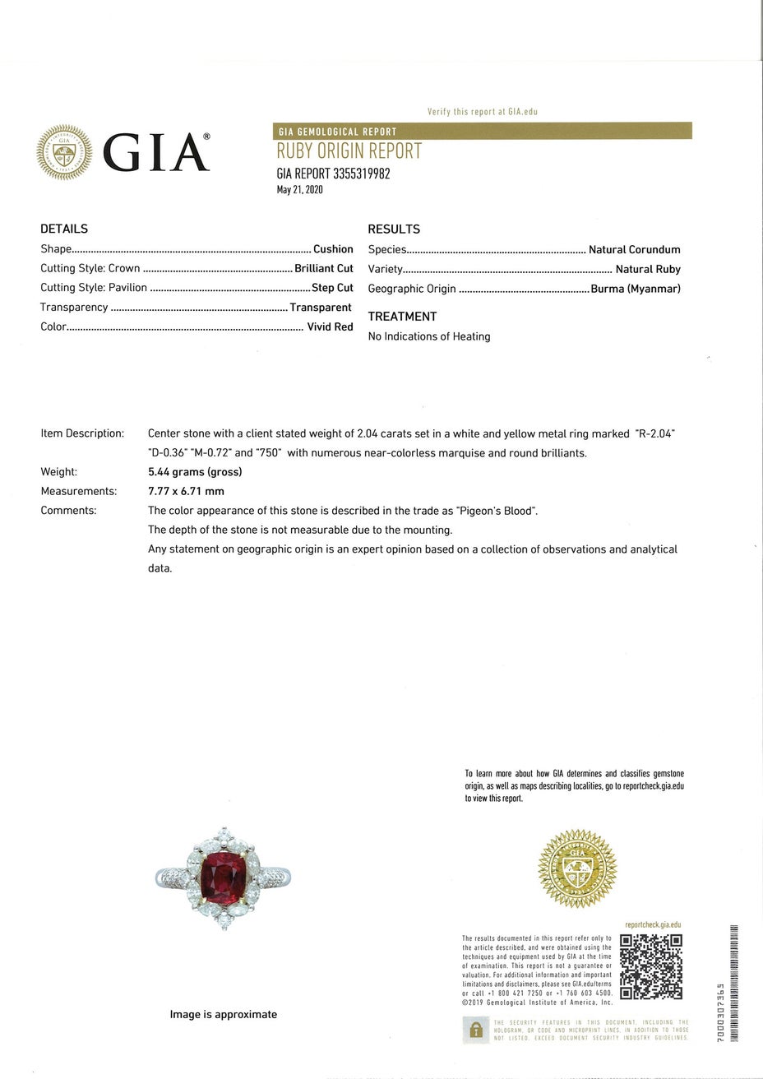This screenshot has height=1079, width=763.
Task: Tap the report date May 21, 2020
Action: (299, 190)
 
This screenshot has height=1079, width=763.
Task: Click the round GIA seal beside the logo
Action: (64, 152)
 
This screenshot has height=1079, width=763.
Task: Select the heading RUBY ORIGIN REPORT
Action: (349, 151)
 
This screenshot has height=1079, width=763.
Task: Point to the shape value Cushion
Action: (333, 249)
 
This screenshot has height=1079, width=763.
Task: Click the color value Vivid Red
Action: (330, 326)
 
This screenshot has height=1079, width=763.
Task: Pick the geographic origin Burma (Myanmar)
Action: (636, 289)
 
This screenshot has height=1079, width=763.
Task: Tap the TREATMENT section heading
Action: (402, 317)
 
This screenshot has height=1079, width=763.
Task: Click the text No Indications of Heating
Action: (429, 336)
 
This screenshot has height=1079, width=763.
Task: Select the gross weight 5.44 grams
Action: (195, 472)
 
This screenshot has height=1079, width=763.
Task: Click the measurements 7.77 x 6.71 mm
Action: (186, 491)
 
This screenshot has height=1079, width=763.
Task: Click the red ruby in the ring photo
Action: (224, 876)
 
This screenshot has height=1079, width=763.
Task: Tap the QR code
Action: (650, 967)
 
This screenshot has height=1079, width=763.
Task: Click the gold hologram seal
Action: (576, 868)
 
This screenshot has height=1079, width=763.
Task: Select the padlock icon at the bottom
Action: (475, 1030)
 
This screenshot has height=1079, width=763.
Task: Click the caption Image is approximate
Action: (224, 1015)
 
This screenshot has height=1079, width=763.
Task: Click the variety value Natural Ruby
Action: (648, 269)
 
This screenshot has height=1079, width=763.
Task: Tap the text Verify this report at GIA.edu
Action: (482, 112)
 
